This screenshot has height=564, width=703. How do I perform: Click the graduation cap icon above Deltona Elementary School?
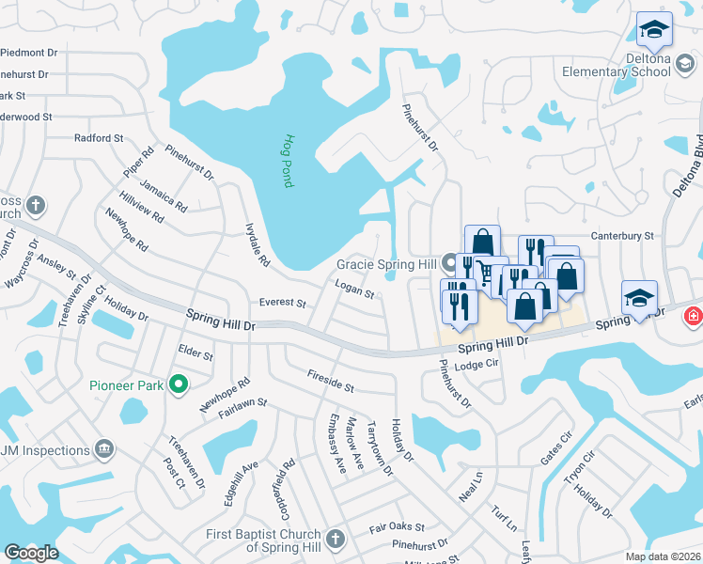tap(652, 32)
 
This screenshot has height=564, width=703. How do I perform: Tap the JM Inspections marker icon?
tap(104, 450)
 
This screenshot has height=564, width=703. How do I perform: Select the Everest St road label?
tap(283, 304)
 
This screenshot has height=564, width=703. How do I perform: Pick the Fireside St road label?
tap(330, 381)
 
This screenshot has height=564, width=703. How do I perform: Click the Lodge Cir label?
tap(474, 366)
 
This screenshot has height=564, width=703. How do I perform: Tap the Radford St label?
tap(99, 138)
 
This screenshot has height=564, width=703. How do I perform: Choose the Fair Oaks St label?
tap(397, 527)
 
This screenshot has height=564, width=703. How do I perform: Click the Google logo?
tap(32, 553)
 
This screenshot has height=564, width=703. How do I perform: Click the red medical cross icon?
tap(694, 316)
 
